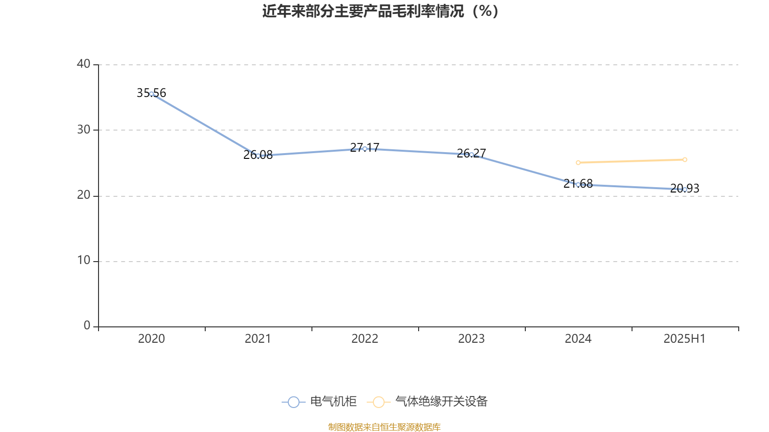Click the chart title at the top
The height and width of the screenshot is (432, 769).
click(380, 11)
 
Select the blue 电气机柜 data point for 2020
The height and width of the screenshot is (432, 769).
click(151, 94)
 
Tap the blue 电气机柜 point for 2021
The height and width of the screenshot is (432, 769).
click(258, 156)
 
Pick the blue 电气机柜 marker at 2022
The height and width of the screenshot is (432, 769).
click(365, 148)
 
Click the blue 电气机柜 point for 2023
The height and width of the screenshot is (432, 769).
click(471, 155)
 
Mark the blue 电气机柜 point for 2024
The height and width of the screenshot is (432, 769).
click(578, 184)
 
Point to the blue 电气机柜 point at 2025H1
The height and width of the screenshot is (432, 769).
click(684, 189)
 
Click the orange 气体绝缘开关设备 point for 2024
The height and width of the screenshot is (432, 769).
click(578, 163)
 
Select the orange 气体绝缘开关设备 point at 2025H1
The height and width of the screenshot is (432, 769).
click(684, 159)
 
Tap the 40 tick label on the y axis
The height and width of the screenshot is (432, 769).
click(84, 64)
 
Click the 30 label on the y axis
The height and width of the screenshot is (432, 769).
click(84, 130)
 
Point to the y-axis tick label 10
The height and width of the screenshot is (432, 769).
click(84, 260)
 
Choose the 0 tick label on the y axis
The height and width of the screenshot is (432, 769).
click(87, 325)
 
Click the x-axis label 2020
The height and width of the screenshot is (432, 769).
click(151, 339)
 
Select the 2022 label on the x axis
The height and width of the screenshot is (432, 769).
click(365, 339)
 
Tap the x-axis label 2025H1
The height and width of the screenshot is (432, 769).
click(684, 339)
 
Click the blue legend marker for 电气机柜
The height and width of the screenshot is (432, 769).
click(293, 402)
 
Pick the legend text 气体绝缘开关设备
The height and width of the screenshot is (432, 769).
click(441, 402)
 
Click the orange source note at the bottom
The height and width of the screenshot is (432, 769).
click(384, 427)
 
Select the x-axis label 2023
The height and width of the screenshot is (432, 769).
click(471, 339)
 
